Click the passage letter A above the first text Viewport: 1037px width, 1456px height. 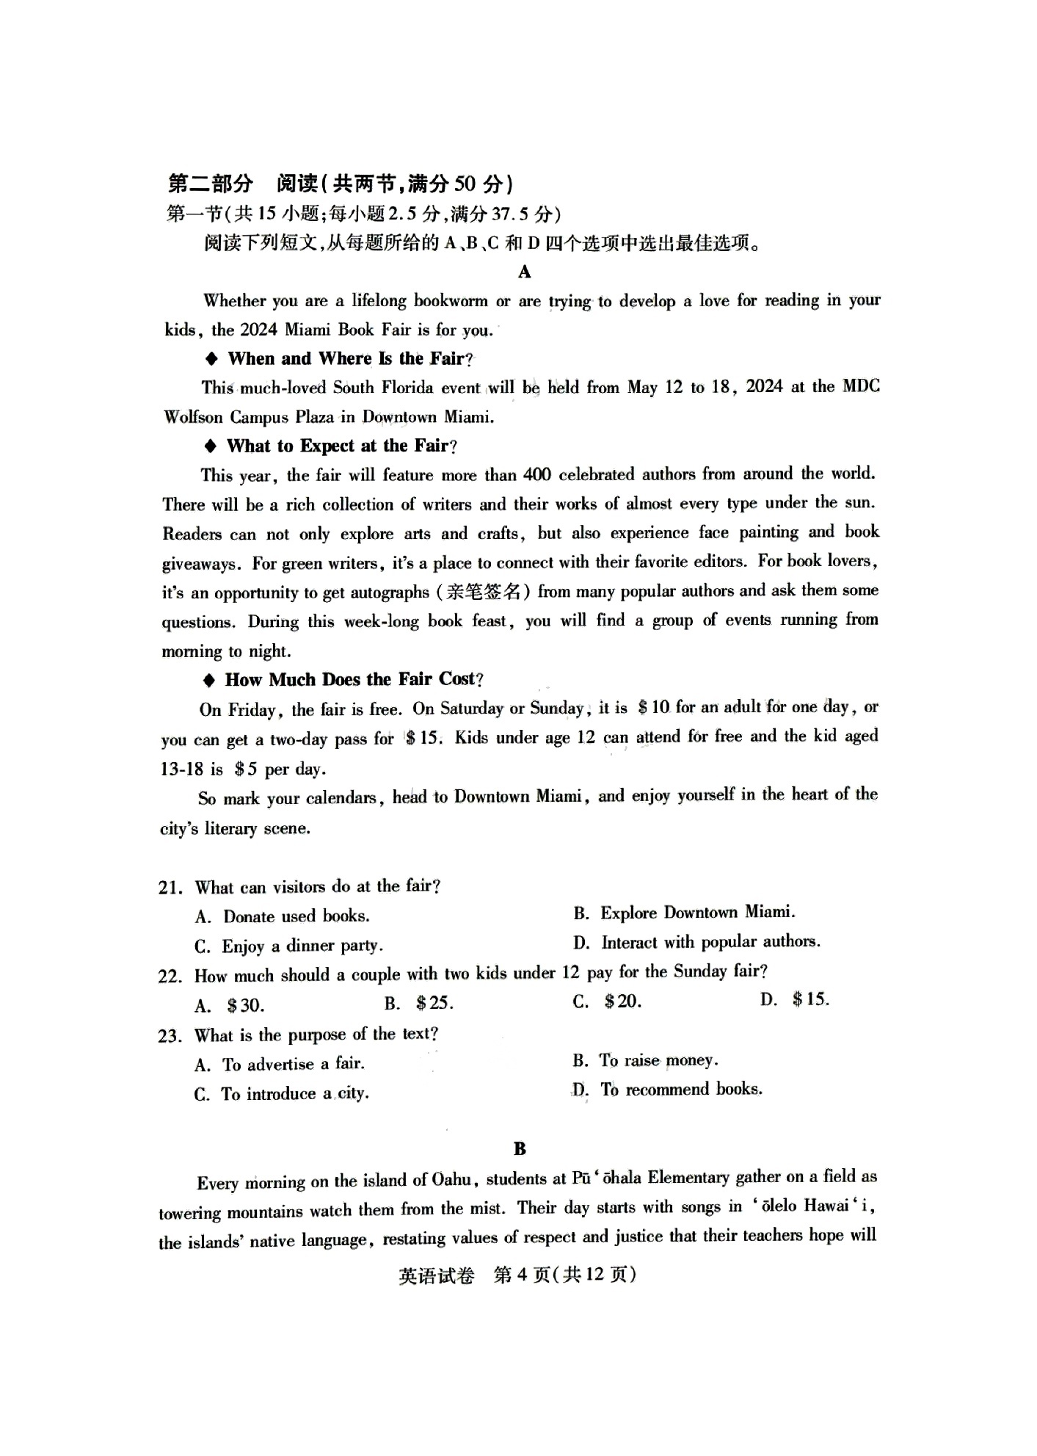[x=524, y=272]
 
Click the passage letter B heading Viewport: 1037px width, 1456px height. [x=520, y=1149]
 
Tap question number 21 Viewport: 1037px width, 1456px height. [x=170, y=888]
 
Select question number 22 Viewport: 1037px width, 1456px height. [x=170, y=977]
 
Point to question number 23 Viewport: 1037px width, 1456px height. [x=170, y=1036]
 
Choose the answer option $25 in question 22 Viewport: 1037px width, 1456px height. [x=434, y=1003]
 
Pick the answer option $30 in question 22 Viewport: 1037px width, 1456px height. [x=245, y=1005]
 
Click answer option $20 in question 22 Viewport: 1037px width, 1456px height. [x=622, y=1002]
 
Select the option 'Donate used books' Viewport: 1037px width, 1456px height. [x=296, y=916]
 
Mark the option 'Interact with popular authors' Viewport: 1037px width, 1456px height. [x=710, y=942]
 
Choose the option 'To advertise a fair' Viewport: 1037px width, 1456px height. [x=293, y=1064]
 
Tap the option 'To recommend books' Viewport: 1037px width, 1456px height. [x=681, y=1090]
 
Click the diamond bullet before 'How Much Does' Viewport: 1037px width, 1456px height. [x=210, y=681]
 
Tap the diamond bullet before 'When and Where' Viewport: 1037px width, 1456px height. [x=212, y=359]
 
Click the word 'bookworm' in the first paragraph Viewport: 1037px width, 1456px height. [x=451, y=301]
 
